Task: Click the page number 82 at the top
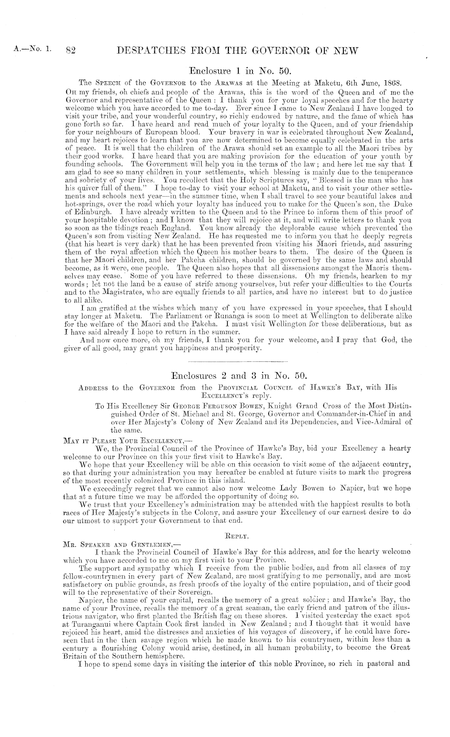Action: (71, 51)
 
